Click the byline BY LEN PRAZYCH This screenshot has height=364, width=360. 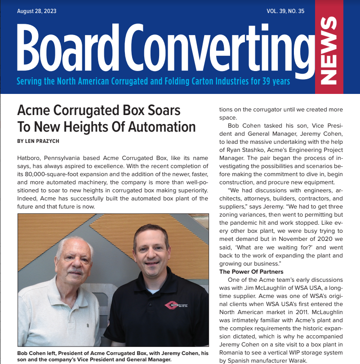pos(38,141)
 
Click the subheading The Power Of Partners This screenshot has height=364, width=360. pos(251,271)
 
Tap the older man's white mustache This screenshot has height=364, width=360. pos(75,271)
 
